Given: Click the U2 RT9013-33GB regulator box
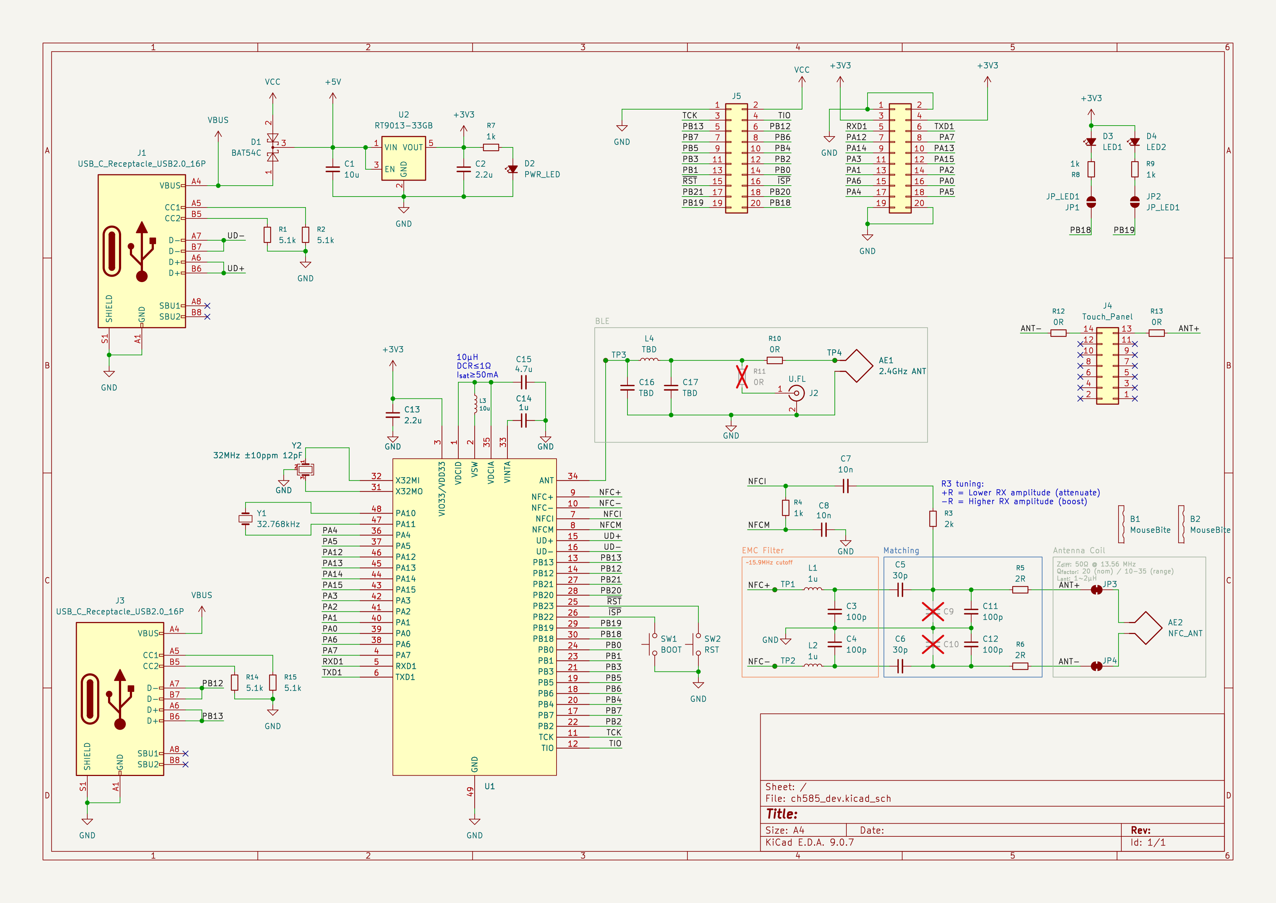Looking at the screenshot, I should [403, 158].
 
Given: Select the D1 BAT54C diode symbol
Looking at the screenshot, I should [272, 147].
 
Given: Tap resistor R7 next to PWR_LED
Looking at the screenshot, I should [491, 147].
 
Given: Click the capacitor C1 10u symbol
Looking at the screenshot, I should [332, 169].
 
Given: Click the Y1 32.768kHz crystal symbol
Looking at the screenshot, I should [245, 519].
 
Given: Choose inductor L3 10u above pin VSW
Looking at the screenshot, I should [475, 404].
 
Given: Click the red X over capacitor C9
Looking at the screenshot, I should [933, 611].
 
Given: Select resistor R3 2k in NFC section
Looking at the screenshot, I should [933, 519].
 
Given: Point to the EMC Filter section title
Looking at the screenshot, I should [762, 550].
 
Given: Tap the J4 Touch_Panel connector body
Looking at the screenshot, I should [1107, 366].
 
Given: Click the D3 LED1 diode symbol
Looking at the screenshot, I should [1091, 142].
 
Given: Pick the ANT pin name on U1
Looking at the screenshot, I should [546, 480].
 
